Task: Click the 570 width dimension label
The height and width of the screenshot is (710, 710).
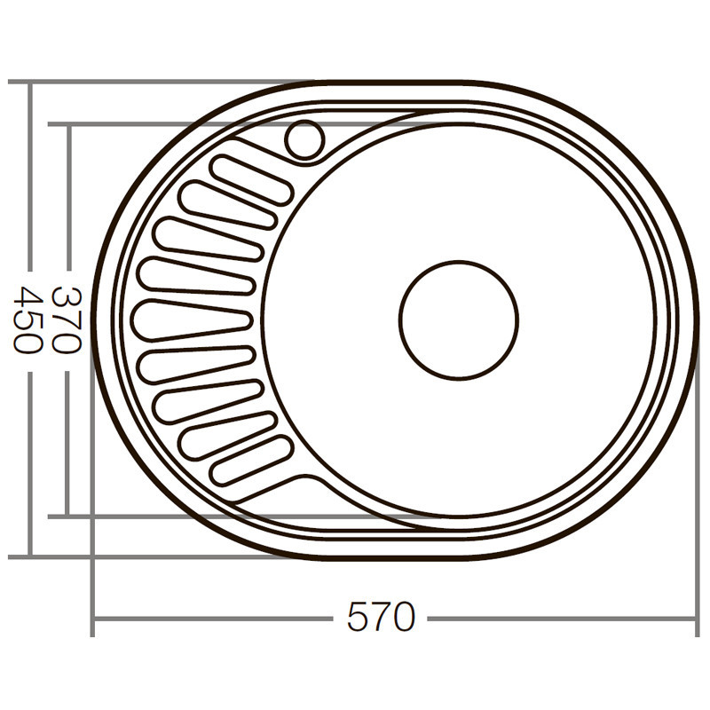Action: [381, 617]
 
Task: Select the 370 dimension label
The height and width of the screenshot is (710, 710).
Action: [67, 319]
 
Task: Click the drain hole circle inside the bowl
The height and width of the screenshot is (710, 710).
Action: [458, 319]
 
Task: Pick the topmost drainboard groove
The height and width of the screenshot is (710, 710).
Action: [252, 178]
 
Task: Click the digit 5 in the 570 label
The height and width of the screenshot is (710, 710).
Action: [357, 617]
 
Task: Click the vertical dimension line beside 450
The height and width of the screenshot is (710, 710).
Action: [28, 177]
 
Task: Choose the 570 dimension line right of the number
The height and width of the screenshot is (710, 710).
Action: [559, 618]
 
